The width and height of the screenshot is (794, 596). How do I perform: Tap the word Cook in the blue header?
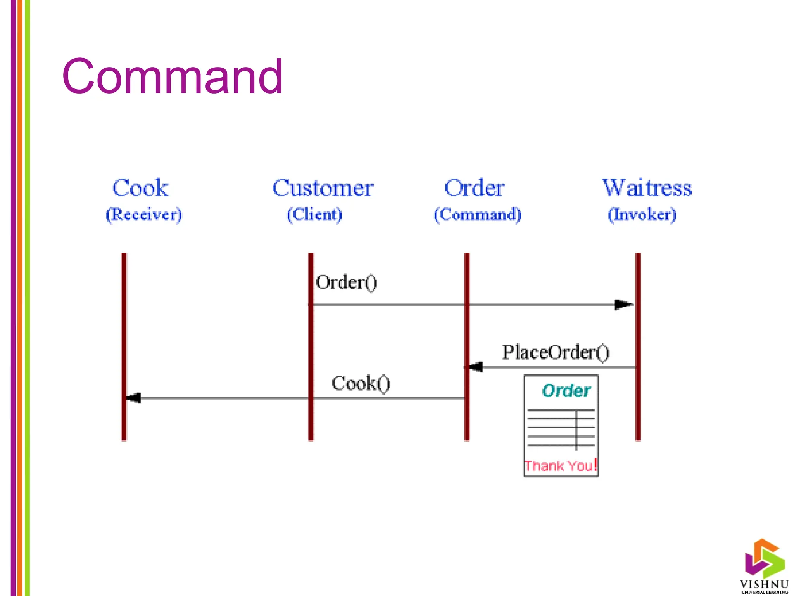[140, 188]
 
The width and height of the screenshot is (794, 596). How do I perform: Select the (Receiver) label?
[143, 215]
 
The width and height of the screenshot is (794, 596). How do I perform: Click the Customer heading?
[323, 188]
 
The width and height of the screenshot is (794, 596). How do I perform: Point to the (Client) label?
[314, 215]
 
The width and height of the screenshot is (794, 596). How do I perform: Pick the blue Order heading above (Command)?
[474, 188]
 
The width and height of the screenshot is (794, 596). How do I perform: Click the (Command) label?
[477, 215]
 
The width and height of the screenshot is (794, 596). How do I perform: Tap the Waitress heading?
[647, 188]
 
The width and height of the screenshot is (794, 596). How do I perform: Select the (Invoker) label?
[642, 215]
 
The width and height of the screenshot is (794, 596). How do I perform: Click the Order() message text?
[346, 282]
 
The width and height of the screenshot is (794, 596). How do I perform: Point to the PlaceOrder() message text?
[556, 352]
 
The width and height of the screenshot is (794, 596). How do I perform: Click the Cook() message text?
[361, 384]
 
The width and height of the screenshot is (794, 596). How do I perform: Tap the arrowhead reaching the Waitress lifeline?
[623, 305]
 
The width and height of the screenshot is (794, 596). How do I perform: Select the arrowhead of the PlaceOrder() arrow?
[476, 367]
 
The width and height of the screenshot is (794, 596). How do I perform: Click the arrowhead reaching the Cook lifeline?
[133, 398]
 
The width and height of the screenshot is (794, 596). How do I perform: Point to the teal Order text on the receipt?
[566, 391]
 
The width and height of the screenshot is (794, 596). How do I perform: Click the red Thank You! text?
[560, 466]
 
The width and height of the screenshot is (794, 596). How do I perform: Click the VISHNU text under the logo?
[764, 584]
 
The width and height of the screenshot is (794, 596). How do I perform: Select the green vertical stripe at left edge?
[28, 298]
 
